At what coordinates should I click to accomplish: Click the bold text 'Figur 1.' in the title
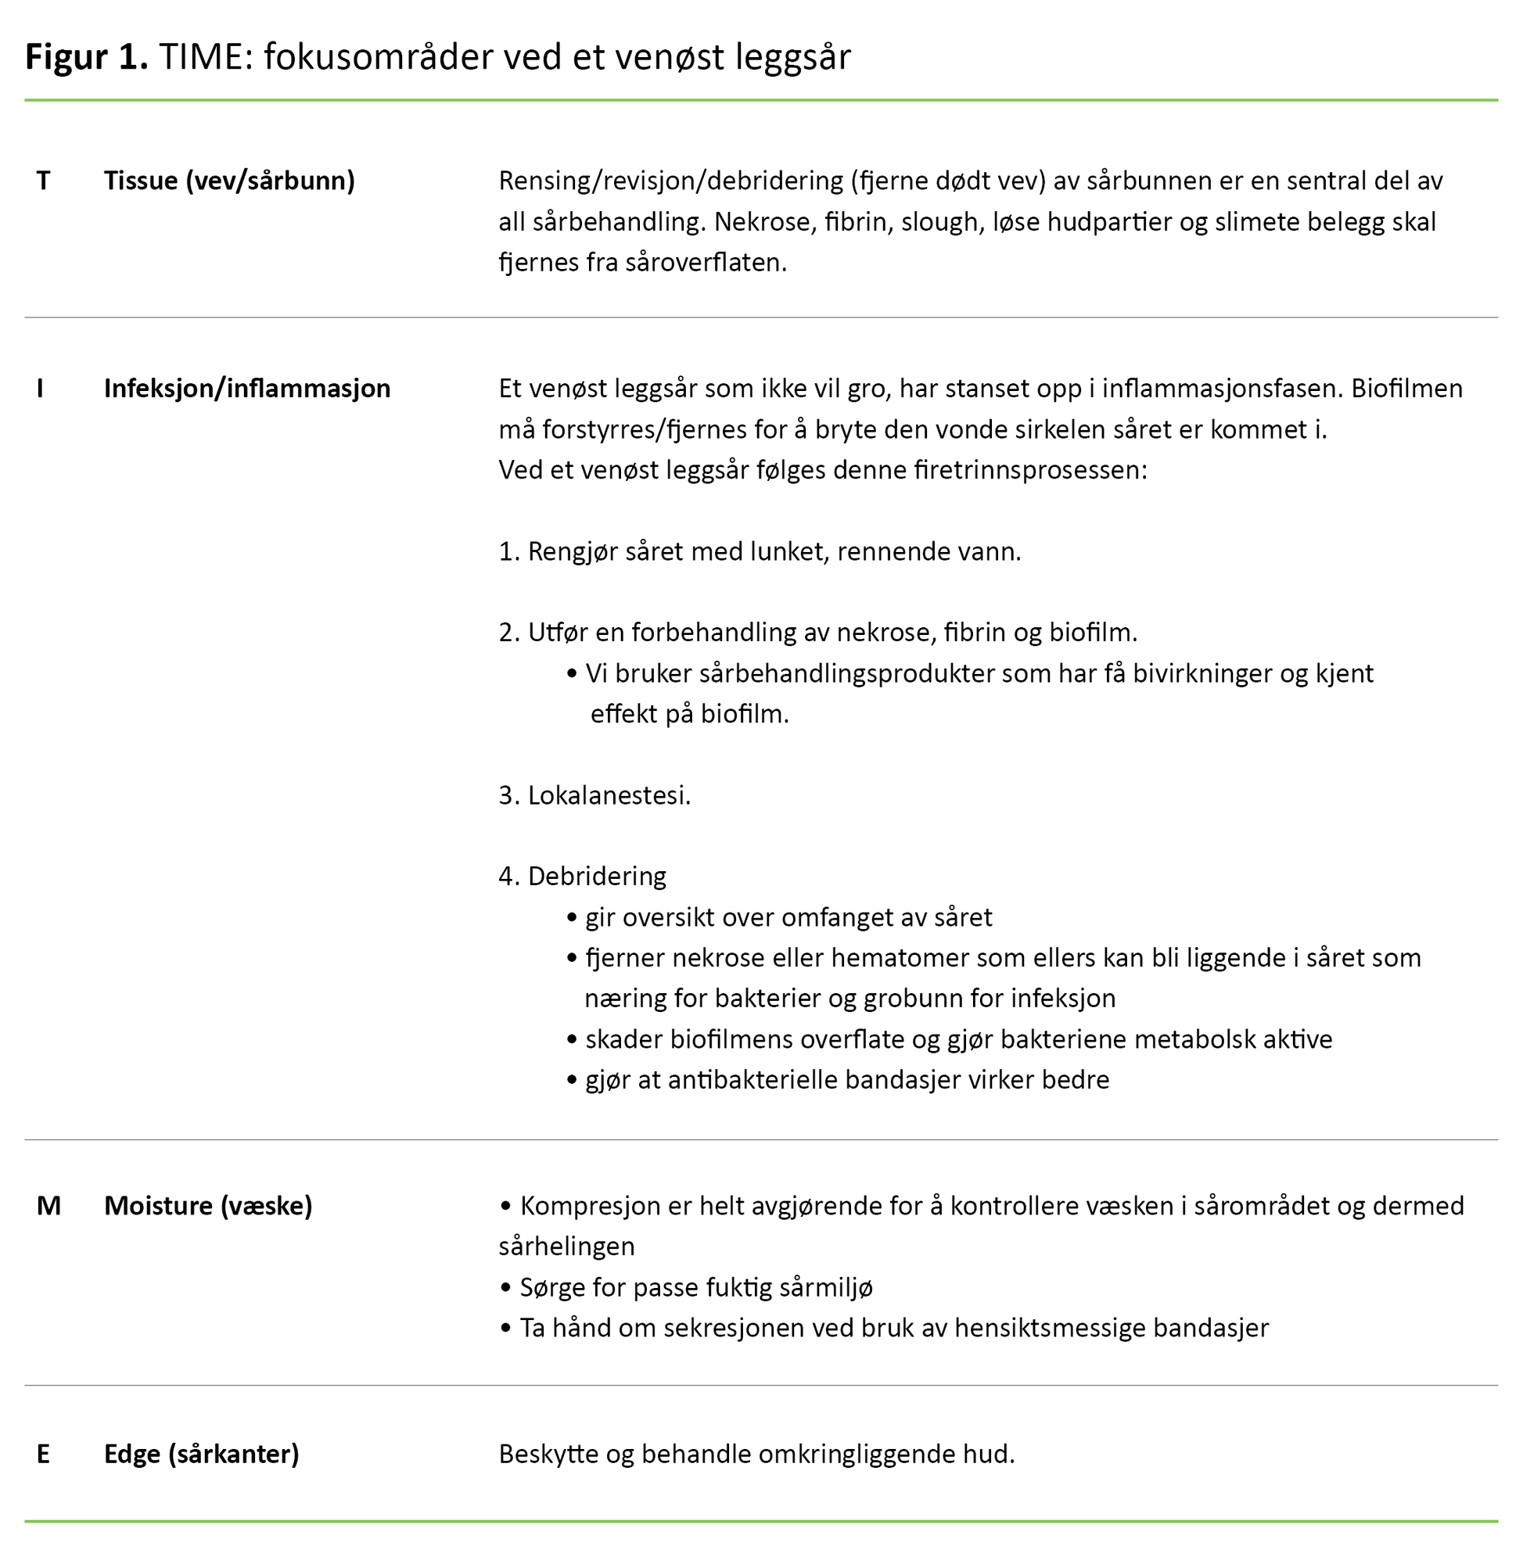(x=86, y=58)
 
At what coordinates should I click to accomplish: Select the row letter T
(x=43, y=181)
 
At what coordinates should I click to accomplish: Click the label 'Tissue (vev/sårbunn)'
(x=228, y=181)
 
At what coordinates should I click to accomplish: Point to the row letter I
(x=40, y=389)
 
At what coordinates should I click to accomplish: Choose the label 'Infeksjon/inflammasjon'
(x=247, y=389)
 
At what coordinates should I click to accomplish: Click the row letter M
(x=48, y=1206)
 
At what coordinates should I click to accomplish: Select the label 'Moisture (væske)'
(x=208, y=1206)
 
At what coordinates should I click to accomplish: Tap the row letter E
(x=43, y=1454)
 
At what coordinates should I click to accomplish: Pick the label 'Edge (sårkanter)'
(x=202, y=1454)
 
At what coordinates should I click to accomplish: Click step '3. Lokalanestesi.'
(x=594, y=795)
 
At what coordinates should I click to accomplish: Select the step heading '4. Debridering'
(x=582, y=877)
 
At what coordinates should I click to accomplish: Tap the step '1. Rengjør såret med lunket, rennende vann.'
(x=759, y=552)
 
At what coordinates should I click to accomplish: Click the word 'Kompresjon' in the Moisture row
(x=591, y=1206)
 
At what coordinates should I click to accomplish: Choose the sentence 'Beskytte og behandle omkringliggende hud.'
(x=756, y=1454)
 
